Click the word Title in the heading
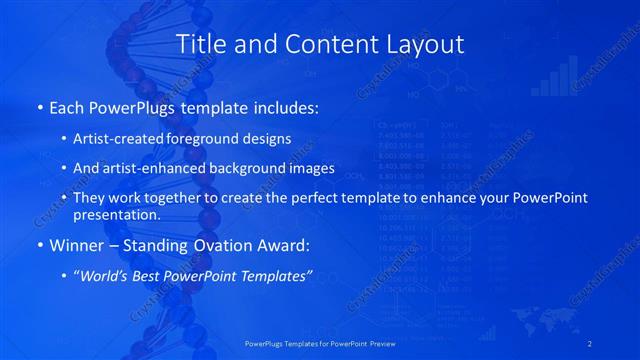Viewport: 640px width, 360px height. (x=202, y=44)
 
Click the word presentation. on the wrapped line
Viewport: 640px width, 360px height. (x=116, y=214)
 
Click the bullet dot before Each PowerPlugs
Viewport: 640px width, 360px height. (x=39, y=106)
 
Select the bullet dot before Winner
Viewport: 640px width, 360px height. (x=39, y=244)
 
